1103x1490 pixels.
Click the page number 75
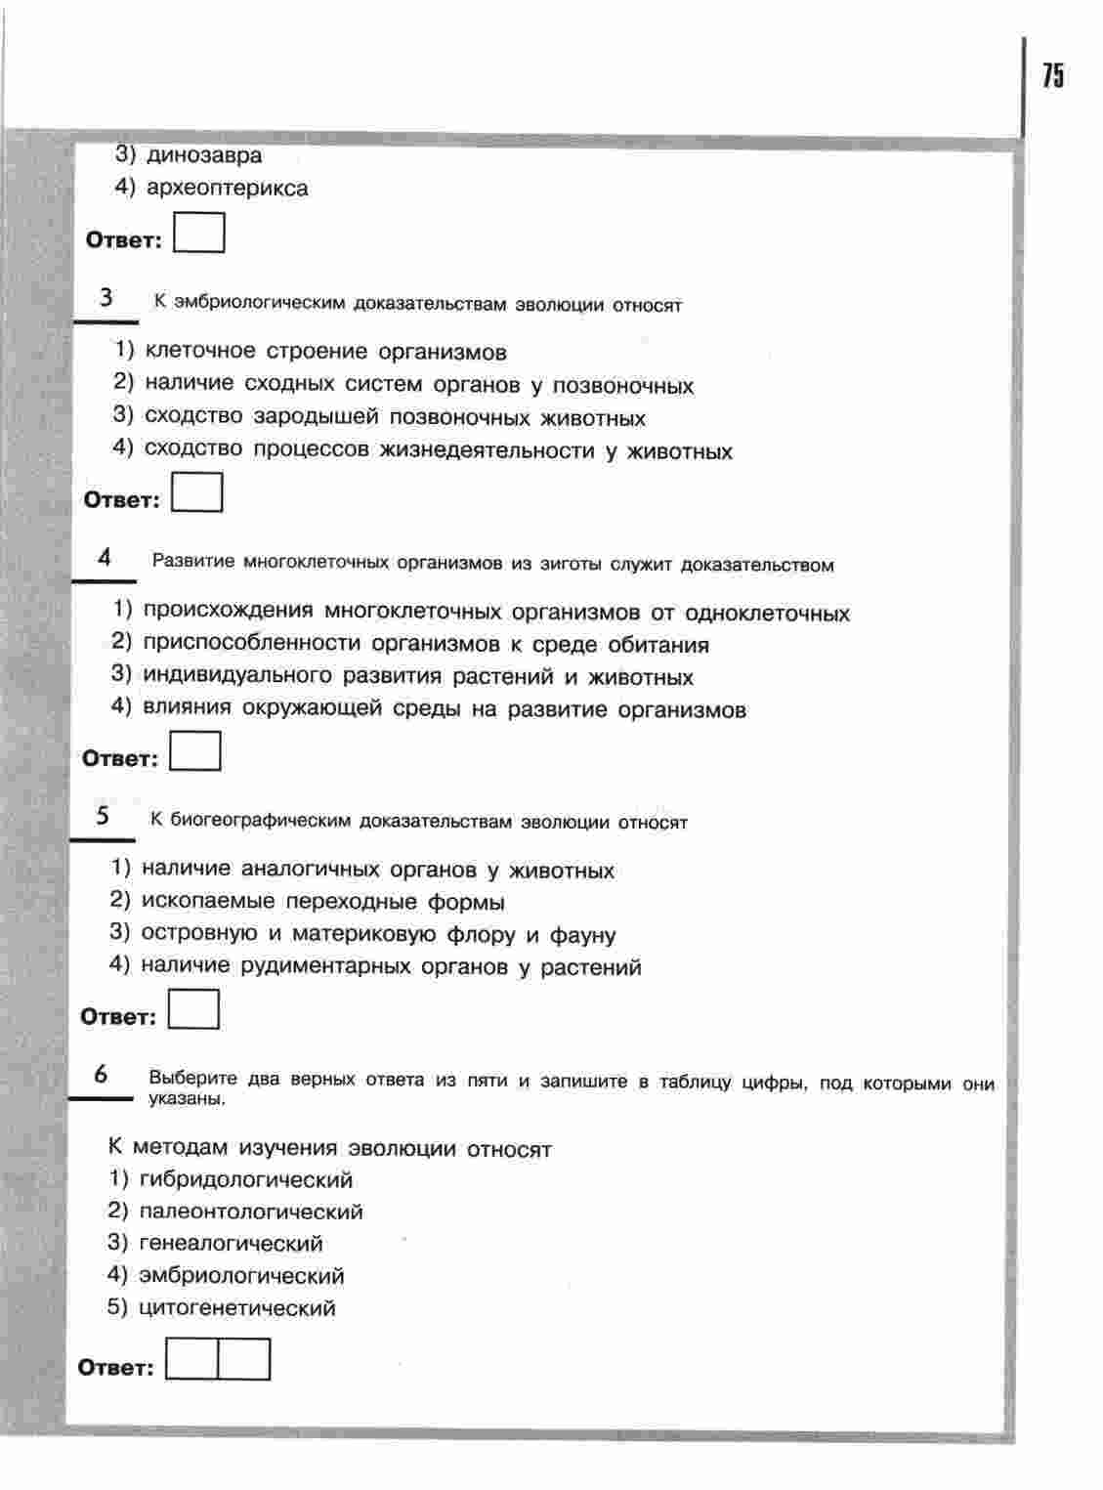1052,75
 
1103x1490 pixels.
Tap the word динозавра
204,154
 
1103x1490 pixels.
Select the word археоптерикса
227,188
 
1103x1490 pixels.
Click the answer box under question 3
197,492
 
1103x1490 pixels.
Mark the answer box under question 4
195,751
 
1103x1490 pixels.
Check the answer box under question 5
193,1009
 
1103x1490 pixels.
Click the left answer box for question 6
191,1359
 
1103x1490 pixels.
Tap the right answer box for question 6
243,1359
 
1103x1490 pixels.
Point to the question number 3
106,298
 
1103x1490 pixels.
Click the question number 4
105,557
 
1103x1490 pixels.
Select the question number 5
103,815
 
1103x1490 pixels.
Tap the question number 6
101,1074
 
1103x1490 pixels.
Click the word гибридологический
246,1179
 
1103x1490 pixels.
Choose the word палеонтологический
251,1212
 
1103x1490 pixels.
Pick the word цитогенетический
237,1307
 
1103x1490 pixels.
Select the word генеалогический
232,1243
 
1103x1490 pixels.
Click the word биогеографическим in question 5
260,821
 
